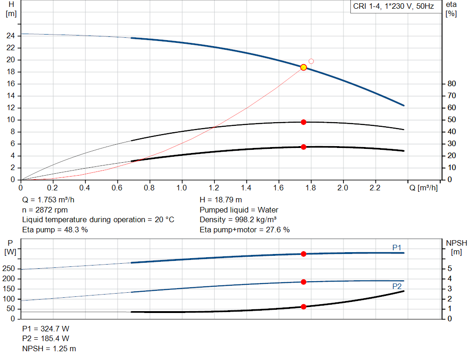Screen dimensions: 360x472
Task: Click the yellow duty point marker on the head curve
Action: [x=303, y=67]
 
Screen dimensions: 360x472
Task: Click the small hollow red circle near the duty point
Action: [x=311, y=61]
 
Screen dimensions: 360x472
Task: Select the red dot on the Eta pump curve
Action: [x=303, y=122]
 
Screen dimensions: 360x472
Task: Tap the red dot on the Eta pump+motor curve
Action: [x=303, y=147]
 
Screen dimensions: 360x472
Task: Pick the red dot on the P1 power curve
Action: [x=303, y=254]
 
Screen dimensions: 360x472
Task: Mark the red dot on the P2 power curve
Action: [x=303, y=282]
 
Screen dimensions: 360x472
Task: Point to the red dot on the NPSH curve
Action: [x=303, y=307]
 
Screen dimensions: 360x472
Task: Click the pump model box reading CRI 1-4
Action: [x=394, y=7]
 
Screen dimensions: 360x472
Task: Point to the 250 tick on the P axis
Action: [x=10, y=269]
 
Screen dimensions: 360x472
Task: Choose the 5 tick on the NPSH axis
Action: [x=449, y=269]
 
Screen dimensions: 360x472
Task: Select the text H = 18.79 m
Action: [x=221, y=200]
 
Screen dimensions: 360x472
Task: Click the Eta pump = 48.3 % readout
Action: [x=55, y=229]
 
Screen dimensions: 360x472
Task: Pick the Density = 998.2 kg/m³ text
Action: [x=238, y=219]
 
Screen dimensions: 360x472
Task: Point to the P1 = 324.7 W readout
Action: [x=46, y=329]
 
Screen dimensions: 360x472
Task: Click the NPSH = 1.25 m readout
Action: [x=49, y=348]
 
